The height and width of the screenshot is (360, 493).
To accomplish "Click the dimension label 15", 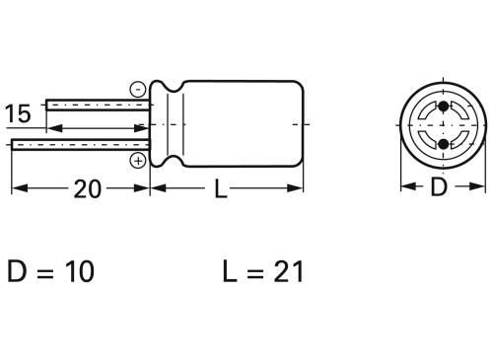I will [18, 113].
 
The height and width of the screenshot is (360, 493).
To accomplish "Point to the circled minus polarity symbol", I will [137, 90].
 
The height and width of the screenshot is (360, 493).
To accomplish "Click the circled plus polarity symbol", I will [137, 159].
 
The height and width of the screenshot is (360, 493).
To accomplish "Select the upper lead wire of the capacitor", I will [94, 105].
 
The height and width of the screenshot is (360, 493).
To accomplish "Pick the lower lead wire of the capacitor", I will [79, 146].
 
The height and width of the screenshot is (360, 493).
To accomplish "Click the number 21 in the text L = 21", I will [283, 271].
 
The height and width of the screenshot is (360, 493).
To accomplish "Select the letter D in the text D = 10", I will [18, 271].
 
